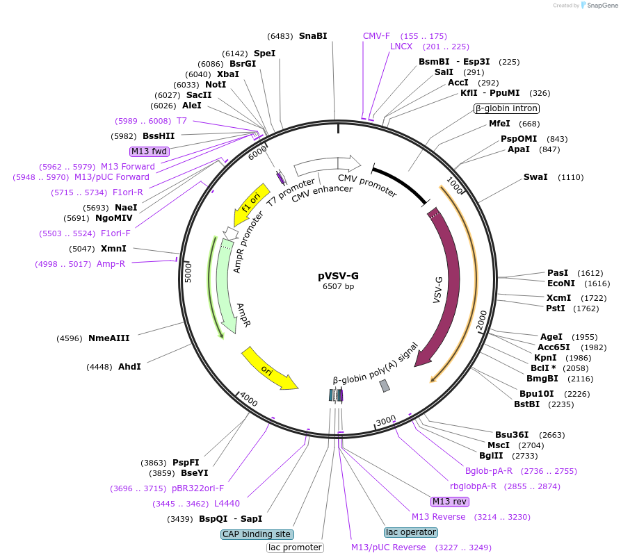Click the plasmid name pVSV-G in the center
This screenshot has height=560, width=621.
pos(339,275)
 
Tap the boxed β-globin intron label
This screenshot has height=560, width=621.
pos(506,108)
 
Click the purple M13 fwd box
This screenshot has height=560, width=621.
pos(150,151)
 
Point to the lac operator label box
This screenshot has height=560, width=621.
pos(410,532)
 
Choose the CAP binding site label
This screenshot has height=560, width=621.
pos(257,534)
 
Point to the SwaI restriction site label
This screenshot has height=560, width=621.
pos(535,177)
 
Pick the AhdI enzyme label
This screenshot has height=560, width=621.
pos(129,366)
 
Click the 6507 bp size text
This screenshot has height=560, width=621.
pos(339,286)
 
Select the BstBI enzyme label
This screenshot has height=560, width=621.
pos(526,404)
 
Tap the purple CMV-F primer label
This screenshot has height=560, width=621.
pos(376,35)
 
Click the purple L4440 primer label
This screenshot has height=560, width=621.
pos(227,503)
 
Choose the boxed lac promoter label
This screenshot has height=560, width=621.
pos(295,547)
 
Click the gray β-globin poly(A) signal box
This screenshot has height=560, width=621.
pos(385,386)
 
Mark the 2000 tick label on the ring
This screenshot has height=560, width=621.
pos(481,324)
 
